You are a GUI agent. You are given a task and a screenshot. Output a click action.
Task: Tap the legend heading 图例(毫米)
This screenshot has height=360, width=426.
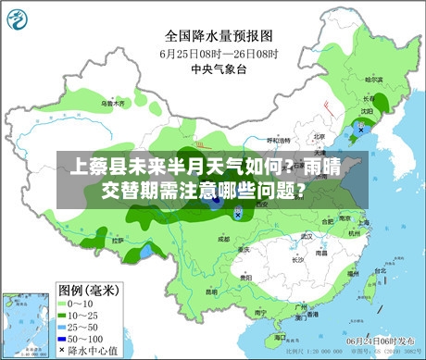click(x=88, y=289)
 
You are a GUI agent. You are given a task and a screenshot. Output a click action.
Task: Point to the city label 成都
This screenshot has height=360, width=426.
click(x=223, y=238)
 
